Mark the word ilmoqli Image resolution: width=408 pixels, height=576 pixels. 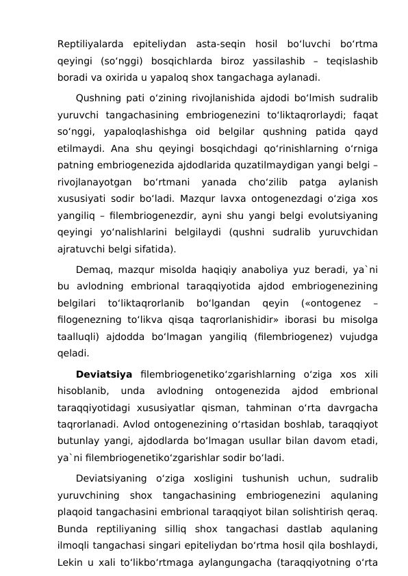coord(76,546)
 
